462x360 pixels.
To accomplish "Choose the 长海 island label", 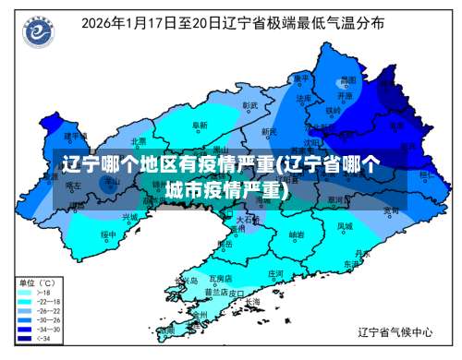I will click(x=253, y=302).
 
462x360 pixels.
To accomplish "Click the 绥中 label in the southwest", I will click(x=108, y=234).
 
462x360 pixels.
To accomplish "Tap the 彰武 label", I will click(x=249, y=105).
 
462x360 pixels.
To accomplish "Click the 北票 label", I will click(x=139, y=141).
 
